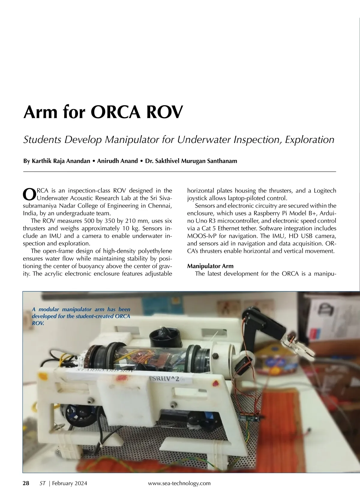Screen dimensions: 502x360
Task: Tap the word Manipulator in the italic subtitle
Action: (x=131, y=140)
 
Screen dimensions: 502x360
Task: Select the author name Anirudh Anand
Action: (x=117, y=161)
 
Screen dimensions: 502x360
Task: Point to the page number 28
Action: (x=26, y=483)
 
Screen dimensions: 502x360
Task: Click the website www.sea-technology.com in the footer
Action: (x=179, y=483)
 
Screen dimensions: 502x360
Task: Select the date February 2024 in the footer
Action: (x=70, y=483)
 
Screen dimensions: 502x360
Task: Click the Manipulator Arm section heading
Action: (x=210, y=266)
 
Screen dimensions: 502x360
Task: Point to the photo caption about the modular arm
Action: (x=81, y=316)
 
